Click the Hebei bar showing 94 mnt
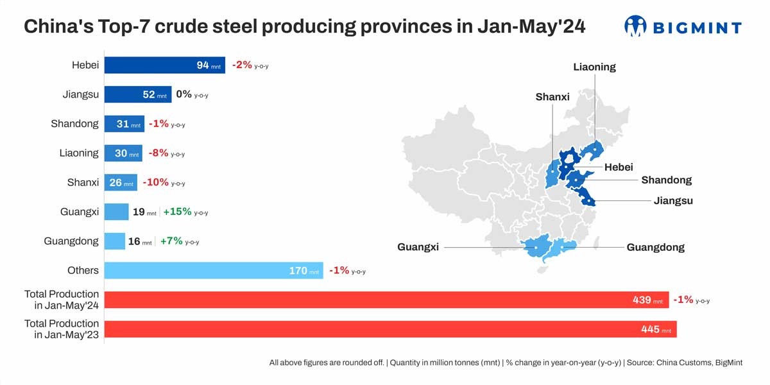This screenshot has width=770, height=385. pyautogui.click(x=164, y=65)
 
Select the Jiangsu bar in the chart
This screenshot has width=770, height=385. pyautogui.click(x=137, y=94)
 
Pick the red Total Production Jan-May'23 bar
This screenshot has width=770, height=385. pyautogui.click(x=390, y=329)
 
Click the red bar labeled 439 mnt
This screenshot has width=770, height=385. pyautogui.click(x=386, y=300)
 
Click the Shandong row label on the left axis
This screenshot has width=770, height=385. pyautogui.click(x=74, y=124)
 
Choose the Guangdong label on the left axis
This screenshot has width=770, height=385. pyautogui.click(x=71, y=241)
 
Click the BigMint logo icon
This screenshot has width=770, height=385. pyautogui.click(x=635, y=26)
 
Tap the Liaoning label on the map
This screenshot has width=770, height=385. pyautogui.click(x=594, y=67)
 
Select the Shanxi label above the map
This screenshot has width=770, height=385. pyautogui.click(x=552, y=97)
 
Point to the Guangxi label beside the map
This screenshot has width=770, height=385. pyautogui.click(x=418, y=247)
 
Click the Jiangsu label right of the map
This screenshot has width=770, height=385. pyautogui.click(x=673, y=201)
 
